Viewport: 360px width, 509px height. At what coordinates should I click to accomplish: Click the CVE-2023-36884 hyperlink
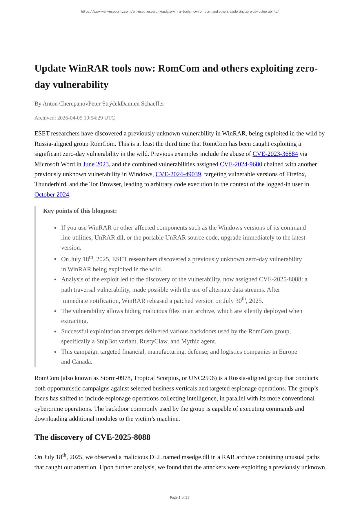[275, 154]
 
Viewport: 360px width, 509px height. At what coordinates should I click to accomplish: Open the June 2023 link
[96, 164]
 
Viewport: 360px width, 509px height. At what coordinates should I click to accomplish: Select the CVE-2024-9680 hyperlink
[241, 164]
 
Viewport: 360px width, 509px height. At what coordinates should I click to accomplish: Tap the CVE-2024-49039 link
[178, 174]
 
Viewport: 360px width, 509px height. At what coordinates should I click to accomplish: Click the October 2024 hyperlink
[52, 194]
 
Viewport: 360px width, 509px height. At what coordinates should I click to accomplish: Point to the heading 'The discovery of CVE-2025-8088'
[92, 437]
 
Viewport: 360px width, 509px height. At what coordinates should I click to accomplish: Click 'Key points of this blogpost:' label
[80, 211]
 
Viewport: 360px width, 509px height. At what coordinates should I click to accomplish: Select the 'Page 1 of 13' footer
[180, 497]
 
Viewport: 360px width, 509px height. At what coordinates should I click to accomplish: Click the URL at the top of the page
[180, 12]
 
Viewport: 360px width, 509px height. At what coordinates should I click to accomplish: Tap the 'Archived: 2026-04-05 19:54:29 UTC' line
[74, 118]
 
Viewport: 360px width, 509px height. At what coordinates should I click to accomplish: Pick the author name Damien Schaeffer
[142, 103]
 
